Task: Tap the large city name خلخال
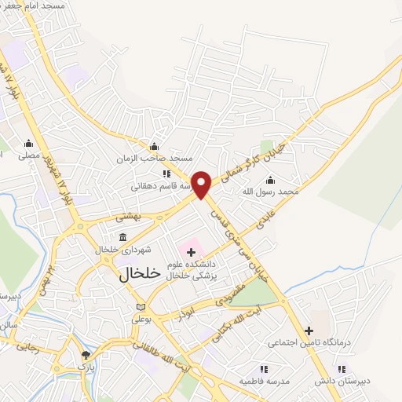(140, 275)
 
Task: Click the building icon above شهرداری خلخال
(122, 237)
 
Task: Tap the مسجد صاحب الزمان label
(153, 159)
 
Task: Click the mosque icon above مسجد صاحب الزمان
(154, 146)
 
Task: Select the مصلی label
(29, 155)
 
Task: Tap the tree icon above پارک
(86, 356)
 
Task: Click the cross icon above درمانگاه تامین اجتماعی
(309, 331)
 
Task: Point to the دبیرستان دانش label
(341, 381)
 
